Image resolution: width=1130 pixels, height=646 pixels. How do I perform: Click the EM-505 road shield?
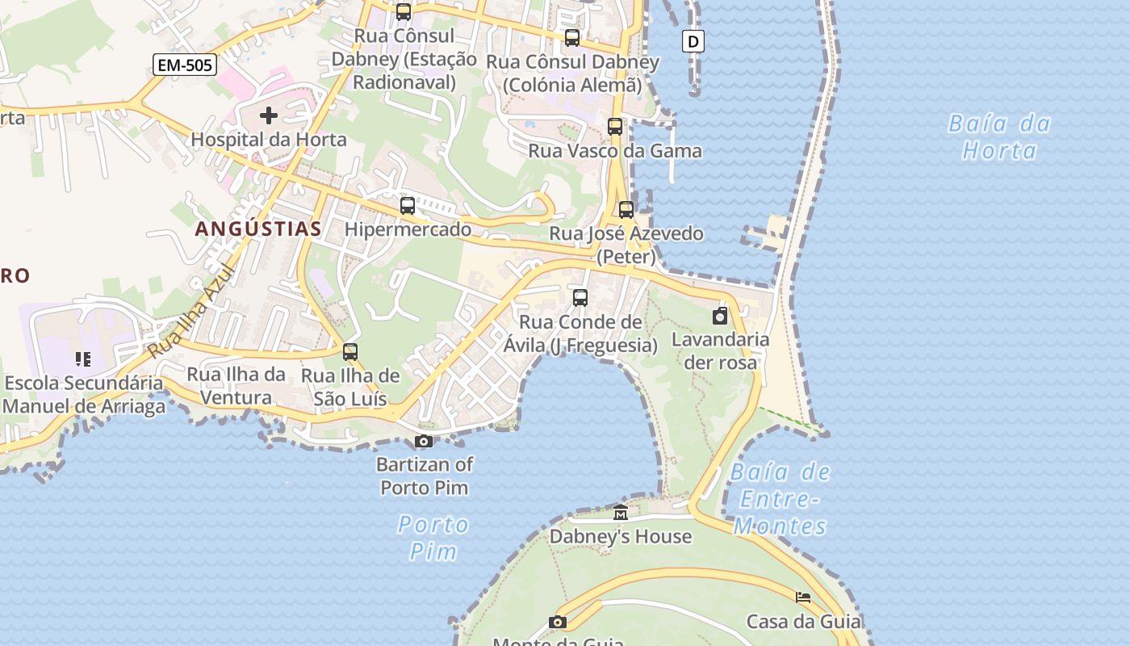(x=185, y=65)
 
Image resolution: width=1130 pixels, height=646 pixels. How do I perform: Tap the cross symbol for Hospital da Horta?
(x=269, y=115)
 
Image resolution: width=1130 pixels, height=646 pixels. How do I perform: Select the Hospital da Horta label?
(x=269, y=140)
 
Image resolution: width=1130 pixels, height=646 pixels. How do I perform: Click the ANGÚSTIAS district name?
(x=258, y=229)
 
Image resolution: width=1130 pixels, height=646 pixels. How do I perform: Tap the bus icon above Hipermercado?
(x=408, y=206)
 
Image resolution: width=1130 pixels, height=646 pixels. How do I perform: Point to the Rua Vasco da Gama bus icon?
(x=615, y=127)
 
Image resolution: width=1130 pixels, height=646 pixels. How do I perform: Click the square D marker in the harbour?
(x=693, y=41)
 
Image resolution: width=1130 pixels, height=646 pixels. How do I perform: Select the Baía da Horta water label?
(x=999, y=136)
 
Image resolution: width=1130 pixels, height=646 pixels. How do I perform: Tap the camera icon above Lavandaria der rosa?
(x=720, y=316)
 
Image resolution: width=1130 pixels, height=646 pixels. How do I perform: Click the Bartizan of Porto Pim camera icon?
(x=424, y=441)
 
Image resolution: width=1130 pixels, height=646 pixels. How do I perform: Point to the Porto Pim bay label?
(x=433, y=538)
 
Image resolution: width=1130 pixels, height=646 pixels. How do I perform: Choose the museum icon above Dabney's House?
(x=621, y=513)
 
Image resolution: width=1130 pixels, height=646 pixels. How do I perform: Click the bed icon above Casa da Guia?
(x=803, y=598)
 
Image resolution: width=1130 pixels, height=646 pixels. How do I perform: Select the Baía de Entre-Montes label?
(x=781, y=499)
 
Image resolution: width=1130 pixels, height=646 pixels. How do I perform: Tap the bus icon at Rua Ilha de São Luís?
(x=350, y=352)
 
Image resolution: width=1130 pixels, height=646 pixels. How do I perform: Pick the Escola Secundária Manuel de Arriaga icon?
(x=83, y=359)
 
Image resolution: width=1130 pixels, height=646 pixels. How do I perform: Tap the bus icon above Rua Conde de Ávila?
(x=580, y=298)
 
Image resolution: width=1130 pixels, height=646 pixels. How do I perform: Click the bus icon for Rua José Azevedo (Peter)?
(x=626, y=210)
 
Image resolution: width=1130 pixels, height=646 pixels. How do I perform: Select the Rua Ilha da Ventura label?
(x=236, y=386)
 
